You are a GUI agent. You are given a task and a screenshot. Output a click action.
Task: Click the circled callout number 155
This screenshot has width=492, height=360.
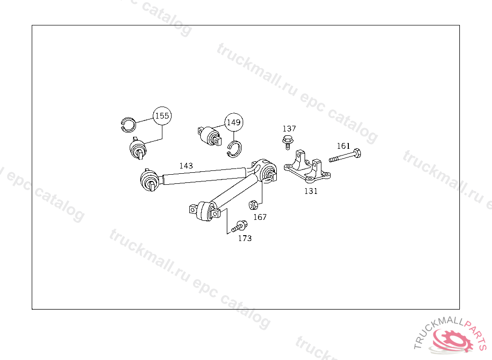click(x=162, y=116)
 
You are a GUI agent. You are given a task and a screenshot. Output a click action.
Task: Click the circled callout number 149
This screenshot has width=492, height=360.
click(x=234, y=123)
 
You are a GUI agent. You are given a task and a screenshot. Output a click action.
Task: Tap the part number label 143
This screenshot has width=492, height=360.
click(x=186, y=166)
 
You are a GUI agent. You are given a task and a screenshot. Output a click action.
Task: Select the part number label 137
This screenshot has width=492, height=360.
click(x=289, y=129)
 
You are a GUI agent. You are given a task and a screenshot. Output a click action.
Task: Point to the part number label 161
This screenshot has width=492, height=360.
click(x=343, y=146)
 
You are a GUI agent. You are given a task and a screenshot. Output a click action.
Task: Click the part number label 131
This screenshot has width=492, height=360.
click(x=311, y=191)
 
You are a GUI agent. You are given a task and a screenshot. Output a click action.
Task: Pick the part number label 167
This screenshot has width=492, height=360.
click(x=260, y=217)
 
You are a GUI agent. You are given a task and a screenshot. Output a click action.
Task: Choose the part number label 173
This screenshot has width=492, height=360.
click(x=245, y=238)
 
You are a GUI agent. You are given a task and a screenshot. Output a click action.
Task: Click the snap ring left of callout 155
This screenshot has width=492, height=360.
click(x=127, y=123)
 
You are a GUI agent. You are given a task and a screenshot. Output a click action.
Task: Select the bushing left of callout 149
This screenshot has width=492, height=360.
click(x=210, y=135)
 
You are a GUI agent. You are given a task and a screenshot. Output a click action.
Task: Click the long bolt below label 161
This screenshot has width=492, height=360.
click(x=345, y=156)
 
